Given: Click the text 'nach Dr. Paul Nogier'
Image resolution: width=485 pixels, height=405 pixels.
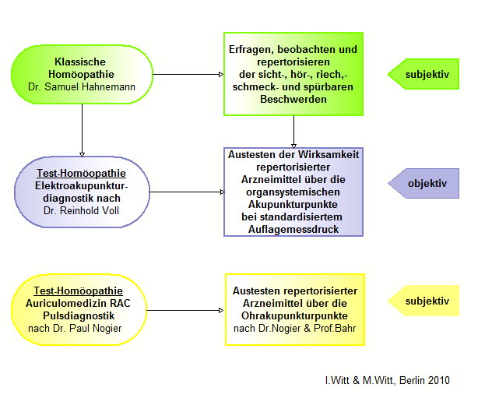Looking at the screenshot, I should tap(80, 328).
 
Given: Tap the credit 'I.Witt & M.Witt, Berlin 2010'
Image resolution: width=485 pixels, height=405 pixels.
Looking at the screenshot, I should tap(387, 381).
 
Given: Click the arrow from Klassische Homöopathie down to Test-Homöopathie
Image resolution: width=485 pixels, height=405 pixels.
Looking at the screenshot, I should tap(81, 129).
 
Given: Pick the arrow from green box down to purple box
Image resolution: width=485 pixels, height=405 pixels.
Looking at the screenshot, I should tap(293, 131).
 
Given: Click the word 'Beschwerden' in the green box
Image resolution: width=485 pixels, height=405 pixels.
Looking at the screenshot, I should tap(293, 100).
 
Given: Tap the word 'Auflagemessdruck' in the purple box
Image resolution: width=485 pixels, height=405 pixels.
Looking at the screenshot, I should tap(293, 230).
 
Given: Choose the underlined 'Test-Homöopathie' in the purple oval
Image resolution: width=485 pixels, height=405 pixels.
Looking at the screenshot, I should tap(81, 173).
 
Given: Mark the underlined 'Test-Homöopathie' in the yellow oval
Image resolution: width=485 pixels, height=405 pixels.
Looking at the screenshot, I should tap(80, 291).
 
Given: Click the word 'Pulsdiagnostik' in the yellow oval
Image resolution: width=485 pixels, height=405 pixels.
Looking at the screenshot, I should tap(80, 315).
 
